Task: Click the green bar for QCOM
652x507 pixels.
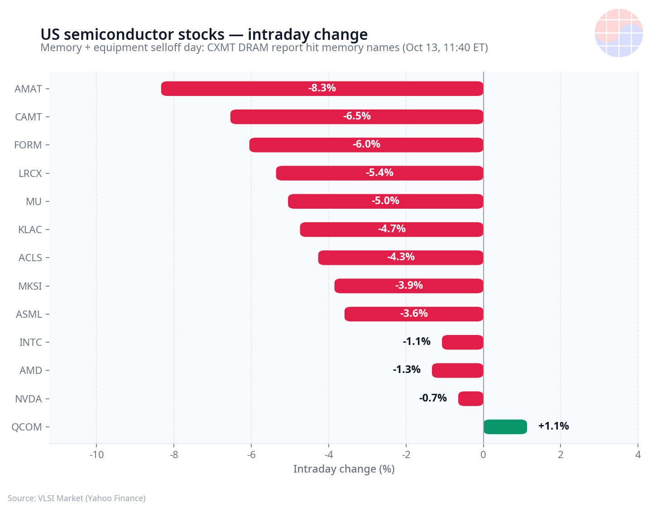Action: [505, 426]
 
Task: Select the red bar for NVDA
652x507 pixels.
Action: [470, 398]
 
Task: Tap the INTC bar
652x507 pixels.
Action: [462, 342]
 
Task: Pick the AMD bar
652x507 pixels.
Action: [458, 370]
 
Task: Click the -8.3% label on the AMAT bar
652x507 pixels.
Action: [322, 88]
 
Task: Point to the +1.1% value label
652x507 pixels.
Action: [553, 426]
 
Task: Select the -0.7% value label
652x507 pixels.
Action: [433, 398]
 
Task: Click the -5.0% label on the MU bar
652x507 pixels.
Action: [385, 201]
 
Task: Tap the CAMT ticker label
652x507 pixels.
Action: [29, 117]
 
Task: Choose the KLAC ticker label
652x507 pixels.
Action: [30, 230]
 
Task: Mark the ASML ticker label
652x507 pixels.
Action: [29, 314]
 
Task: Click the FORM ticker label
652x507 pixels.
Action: [28, 145]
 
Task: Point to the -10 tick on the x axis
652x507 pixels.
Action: [96, 455]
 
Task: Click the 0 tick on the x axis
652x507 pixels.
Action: [483, 455]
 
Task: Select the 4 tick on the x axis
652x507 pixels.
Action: [638, 455]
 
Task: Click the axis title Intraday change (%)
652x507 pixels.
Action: [344, 469]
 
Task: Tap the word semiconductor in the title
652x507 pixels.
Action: [144, 34]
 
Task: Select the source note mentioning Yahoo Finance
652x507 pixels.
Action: [77, 498]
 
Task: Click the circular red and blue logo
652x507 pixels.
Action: [618, 33]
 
